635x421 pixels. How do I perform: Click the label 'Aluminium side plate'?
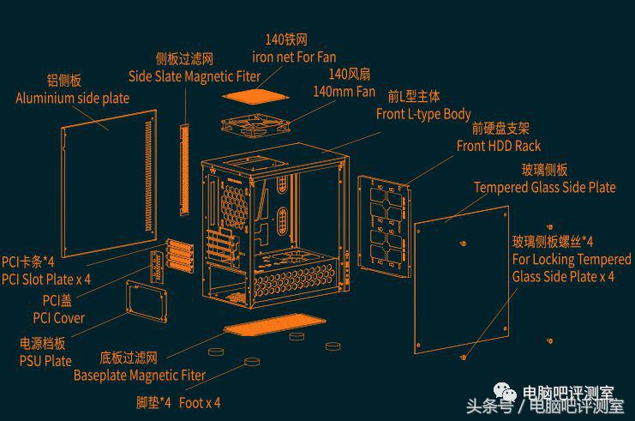(73, 98)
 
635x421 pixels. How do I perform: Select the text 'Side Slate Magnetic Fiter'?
(195, 76)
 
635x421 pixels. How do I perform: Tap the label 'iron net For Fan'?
(294, 57)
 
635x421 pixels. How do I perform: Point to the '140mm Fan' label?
(344, 92)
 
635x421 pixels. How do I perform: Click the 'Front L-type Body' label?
(423, 114)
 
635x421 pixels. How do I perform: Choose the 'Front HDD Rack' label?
(499, 146)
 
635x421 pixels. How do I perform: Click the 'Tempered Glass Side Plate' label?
(545, 187)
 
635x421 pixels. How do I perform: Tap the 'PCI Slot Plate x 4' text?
(46, 280)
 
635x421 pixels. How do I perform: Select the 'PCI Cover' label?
(59, 318)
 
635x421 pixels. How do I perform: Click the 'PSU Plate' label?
(45, 361)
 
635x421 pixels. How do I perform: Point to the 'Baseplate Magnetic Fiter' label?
(140, 376)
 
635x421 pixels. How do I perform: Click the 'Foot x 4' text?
(200, 403)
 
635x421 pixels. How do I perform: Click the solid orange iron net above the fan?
(255, 96)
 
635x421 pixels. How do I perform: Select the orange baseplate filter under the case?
(275, 325)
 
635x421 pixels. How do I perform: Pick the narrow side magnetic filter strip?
(184, 170)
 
